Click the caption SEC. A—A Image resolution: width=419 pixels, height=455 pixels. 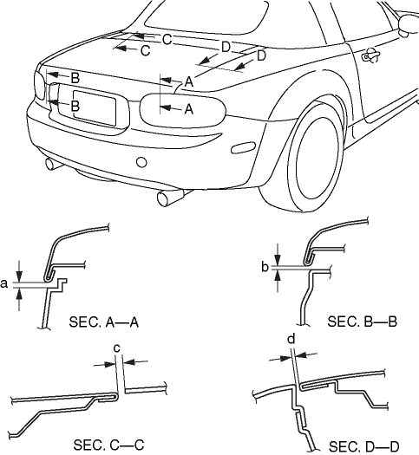[x=103, y=322]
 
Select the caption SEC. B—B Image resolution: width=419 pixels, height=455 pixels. [x=362, y=322]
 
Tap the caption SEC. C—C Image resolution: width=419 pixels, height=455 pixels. [x=108, y=445]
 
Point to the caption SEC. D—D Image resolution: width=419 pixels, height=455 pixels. [x=364, y=446]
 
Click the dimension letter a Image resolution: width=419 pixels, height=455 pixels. [x=3, y=283]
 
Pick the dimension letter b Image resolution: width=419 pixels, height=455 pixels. [x=265, y=267]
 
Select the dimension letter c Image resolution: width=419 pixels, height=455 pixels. [x=117, y=348]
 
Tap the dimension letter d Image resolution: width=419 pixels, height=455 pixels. [x=291, y=339]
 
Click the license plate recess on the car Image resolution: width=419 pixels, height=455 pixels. [x=95, y=107]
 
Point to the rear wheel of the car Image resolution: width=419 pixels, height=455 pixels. [x=317, y=157]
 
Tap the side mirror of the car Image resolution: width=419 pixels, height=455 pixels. [x=409, y=24]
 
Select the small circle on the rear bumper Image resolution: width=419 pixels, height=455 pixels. [x=141, y=162]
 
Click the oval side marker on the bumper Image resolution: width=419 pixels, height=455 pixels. [x=243, y=147]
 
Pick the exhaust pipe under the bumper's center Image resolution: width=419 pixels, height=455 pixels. [x=171, y=197]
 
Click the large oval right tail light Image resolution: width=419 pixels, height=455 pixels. [x=183, y=110]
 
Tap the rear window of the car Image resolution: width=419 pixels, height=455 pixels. [x=206, y=17]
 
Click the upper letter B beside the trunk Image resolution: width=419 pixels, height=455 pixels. [x=75, y=78]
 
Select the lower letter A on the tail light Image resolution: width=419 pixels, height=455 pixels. [x=189, y=109]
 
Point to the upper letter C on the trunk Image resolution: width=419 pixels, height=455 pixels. [x=167, y=40]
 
